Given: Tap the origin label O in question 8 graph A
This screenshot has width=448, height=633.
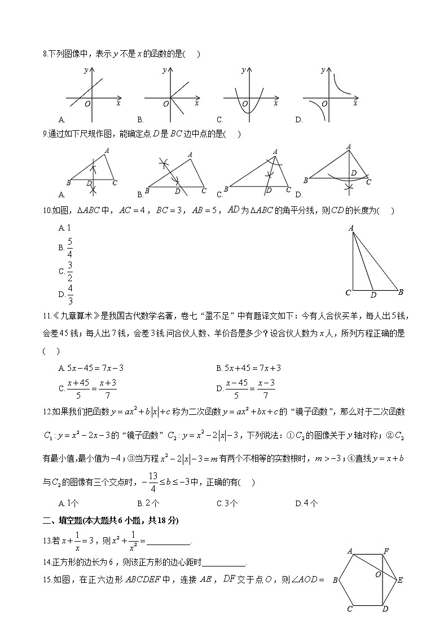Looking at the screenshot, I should click(87, 104).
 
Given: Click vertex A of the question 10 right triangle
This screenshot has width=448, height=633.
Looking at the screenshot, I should click(351, 228).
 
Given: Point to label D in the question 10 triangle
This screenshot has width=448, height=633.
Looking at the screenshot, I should click(373, 295).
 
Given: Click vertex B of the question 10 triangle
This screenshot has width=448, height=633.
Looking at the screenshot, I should click(400, 292).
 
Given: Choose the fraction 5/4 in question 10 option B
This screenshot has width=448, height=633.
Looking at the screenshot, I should click(70, 247).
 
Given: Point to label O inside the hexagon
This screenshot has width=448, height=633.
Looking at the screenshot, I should click(378, 574).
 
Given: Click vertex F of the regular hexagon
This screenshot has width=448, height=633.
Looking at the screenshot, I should click(386, 551).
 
